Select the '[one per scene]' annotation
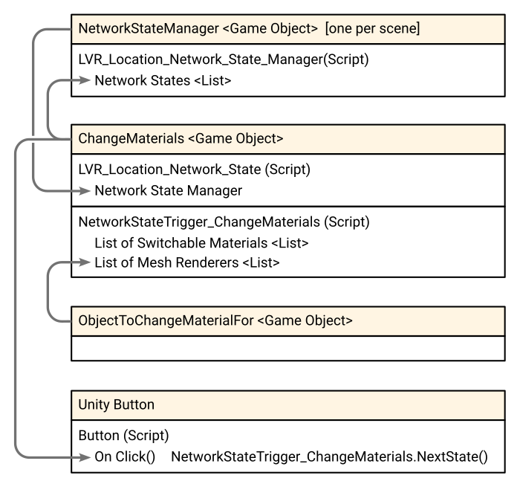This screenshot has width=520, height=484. [372, 28]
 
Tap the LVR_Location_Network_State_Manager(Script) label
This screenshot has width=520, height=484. [224, 59]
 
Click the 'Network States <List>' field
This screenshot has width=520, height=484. [163, 80]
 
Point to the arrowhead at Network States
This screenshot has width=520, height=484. [84, 80]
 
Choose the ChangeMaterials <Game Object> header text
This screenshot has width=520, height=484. [181, 139]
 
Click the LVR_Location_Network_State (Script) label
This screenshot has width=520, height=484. [195, 170]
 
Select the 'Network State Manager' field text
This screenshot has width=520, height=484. [169, 191]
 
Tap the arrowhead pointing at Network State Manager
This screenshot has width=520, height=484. [84, 191]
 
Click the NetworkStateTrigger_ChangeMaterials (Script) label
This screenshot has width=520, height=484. [224, 222]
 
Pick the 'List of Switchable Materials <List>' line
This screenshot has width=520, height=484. [201, 243]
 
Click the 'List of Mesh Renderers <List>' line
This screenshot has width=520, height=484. [187, 262]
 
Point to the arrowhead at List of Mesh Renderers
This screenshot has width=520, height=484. [84, 262]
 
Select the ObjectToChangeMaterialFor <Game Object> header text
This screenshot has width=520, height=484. [215, 320]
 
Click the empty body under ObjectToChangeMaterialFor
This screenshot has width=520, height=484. [288, 348]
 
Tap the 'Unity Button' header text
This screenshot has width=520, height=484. [117, 404]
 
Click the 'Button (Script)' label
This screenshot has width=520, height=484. [124, 436]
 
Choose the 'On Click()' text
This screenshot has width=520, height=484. [125, 456]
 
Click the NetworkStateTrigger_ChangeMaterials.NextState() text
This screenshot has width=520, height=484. [329, 456]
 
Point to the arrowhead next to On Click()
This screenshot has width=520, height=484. [84, 457]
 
